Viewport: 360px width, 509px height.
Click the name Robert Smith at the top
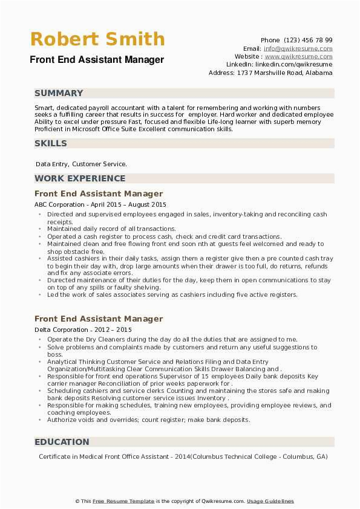pyautogui.click(x=97, y=39)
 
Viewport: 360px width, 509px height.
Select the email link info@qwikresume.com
pyautogui.click(x=298, y=48)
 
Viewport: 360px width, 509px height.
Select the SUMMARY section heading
pyautogui.click(x=59, y=93)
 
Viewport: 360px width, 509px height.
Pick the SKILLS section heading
pyautogui.click(x=51, y=143)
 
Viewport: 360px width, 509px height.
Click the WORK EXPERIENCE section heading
pyautogui.click(x=80, y=178)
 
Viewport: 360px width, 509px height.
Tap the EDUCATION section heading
pyautogui.click(x=62, y=442)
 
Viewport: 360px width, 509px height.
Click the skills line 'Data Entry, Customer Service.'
pyautogui.click(x=81, y=164)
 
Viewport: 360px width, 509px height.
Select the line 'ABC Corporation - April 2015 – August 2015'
pyautogui.click(x=100, y=205)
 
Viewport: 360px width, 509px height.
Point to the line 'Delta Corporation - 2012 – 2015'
pyautogui.click(x=83, y=330)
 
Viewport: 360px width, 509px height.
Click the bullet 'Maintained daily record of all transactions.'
pyautogui.click(x=111, y=229)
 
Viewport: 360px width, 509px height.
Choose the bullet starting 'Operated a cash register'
pyautogui.click(x=164, y=236)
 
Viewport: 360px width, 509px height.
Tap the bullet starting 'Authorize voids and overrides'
pyautogui.click(x=148, y=420)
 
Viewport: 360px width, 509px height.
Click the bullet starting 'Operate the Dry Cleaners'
pyautogui.click(x=172, y=340)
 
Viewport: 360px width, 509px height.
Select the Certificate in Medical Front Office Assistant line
pyautogui.click(x=183, y=456)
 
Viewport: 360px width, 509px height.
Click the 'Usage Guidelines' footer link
pyautogui.click(x=270, y=501)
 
